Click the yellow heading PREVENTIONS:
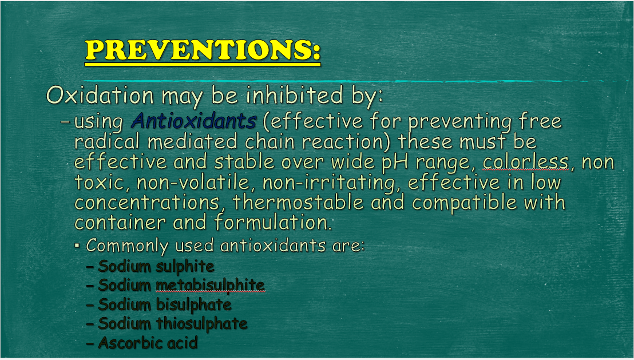coord(203,50)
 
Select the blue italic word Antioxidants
coord(194,121)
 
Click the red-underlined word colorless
coord(526,162)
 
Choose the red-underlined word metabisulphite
coord(210,286)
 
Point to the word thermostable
coord(298,202)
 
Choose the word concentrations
coord(147,202)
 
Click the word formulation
coord(273,223)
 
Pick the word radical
coord(108,141)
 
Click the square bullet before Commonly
coord(77,245)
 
